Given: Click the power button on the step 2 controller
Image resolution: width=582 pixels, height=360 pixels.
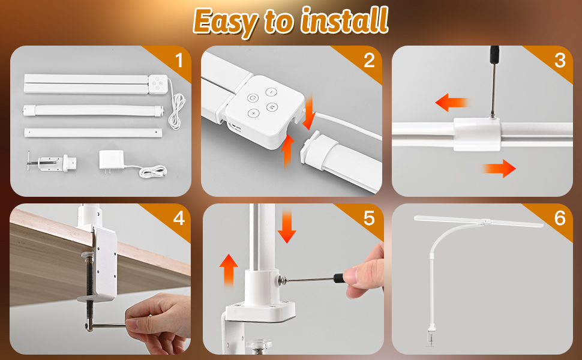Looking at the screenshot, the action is [x=253, y=98].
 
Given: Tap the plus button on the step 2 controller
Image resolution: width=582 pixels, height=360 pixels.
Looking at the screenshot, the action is [x=254, y=113].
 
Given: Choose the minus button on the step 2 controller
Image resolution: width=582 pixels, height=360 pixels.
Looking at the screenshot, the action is [x=271, y=92].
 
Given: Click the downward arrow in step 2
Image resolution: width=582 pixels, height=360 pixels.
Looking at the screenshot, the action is [x=309, y=112].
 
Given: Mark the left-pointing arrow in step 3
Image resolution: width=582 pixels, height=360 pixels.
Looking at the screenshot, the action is [x=452, y=102].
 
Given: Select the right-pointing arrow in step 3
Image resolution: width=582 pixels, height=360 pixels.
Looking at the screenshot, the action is [x=499, y=169].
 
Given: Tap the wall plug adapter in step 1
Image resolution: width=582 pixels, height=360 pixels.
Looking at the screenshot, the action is [x=112, y=160].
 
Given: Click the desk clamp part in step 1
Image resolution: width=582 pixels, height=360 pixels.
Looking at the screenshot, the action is [x=52, y=163].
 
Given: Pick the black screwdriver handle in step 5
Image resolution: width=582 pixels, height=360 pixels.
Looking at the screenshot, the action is [x=339, y=278].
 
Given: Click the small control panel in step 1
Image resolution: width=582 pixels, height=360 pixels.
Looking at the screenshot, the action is [x=158, y=84].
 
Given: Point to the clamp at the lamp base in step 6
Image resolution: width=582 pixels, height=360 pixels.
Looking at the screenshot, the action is [x=431, y=336].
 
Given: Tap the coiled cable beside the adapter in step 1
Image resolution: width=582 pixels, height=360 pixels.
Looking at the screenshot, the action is [x=153, y=172].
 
